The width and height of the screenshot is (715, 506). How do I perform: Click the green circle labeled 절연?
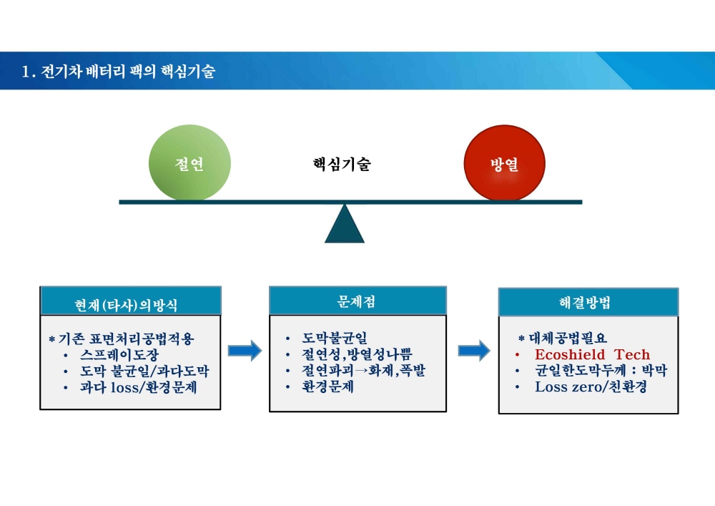189,163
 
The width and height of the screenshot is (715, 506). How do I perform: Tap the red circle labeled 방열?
504,163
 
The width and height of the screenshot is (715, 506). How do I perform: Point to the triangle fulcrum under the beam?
345,223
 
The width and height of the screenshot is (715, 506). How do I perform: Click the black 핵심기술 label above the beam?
342,164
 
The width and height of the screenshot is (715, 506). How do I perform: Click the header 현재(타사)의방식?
126,305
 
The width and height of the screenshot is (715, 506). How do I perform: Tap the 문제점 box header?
356,301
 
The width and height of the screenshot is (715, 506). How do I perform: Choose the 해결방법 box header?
585,303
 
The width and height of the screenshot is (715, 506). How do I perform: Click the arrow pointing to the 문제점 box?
245,351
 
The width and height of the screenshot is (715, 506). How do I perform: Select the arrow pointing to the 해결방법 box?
474,351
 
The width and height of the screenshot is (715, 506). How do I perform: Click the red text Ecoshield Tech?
592,354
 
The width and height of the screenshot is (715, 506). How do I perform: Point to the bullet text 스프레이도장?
119,354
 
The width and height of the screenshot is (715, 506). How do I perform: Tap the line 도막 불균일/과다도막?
144,371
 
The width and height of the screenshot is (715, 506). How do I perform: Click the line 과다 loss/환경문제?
139,387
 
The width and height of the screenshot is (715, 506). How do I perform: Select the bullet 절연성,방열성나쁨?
357,354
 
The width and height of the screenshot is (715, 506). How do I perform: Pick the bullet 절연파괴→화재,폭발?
363,370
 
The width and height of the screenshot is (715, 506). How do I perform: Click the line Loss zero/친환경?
591,387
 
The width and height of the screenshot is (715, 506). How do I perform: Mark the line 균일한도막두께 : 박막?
601,370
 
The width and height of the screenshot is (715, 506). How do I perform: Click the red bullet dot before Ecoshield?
517,354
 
